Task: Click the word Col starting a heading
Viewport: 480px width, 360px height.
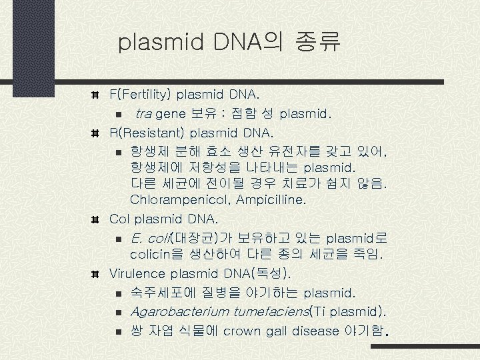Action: coord(119,219)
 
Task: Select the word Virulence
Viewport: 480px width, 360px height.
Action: coord(137,274)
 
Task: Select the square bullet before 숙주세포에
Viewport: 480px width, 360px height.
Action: coord(117,293)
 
